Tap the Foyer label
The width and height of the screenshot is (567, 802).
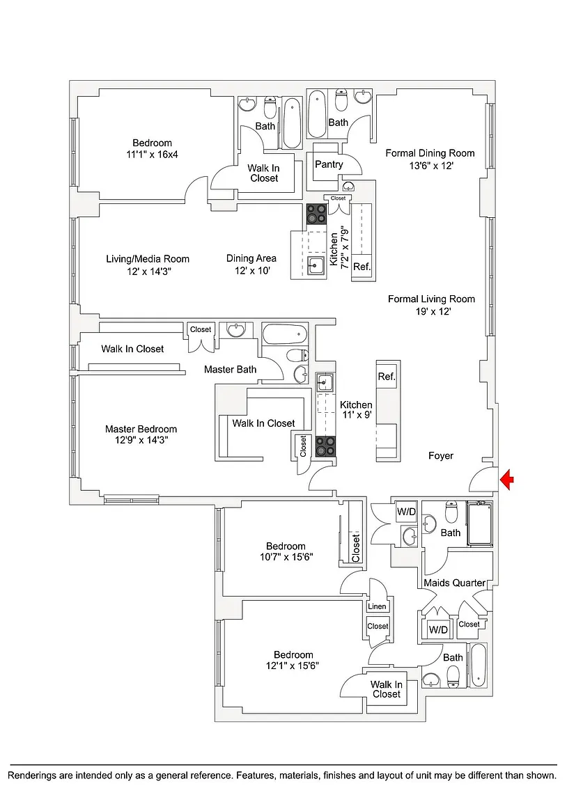pyautogui.click(x=440, y=456)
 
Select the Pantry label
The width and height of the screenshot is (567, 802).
pyautogui.click(x=329, y=164)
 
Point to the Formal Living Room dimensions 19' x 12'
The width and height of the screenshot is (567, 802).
pyautogui.click(x=431, y=312)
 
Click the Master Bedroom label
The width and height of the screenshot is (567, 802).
pyautogui.click(x=141, y=429)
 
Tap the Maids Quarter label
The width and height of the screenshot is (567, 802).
pyautogui.click(x=454, y=582)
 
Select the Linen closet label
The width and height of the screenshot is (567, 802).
pyautogui.click(x=377, y=606)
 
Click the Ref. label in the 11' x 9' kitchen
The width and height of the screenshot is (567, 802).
pyautogui.click(x=387, y=377)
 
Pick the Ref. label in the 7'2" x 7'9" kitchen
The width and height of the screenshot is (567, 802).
pyautogui.click(x=362, y=267)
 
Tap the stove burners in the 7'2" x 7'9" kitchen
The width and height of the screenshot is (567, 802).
pyautogui.click(x=315, y=214)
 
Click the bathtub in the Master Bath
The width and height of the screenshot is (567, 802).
pyautogui.click(x=284, y=335)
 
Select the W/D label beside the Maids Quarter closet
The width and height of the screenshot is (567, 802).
pyautogui.click(x=438, y=629)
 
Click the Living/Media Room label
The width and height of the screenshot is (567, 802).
pyautogui.click(x=148, y=259)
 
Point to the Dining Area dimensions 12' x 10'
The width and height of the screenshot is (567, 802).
pyautogui.click(x=251, y=271)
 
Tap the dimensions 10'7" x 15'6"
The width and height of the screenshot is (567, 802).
pyautogui.click(x=286, y=557)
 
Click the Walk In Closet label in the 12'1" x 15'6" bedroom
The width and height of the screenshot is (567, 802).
pyautogui.click(x=386, y=689)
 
